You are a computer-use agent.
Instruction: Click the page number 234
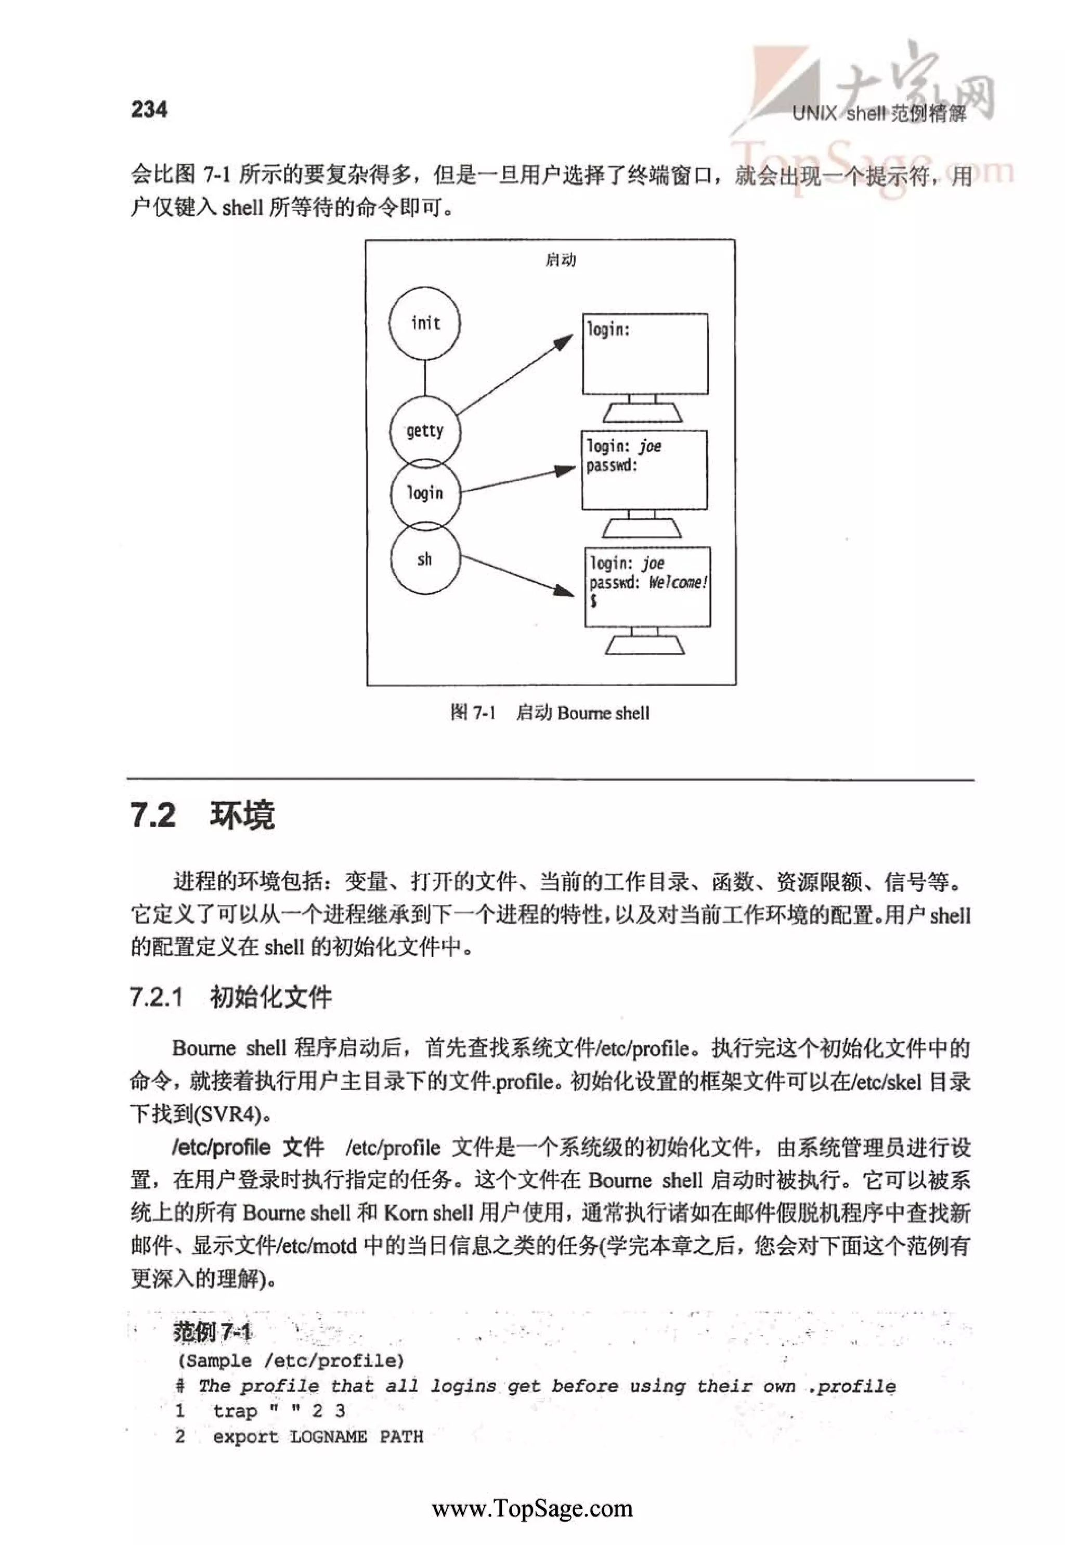pos(149,109)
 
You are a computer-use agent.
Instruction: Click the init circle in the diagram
pos(425,323)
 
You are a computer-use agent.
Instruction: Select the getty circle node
pos(425,431)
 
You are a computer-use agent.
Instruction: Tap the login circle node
pos(425,493)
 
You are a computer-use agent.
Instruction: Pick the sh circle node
pos(425,559)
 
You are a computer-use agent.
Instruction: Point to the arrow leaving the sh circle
pos(517,574)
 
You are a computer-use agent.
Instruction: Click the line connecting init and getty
pos(425,377)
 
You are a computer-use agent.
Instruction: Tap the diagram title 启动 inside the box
pos(561,260)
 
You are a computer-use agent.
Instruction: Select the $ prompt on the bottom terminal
pos(593,601)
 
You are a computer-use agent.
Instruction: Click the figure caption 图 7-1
pos(473,713)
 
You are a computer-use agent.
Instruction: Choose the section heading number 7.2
pos(153,815)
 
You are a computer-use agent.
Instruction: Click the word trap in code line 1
pos(235,1411)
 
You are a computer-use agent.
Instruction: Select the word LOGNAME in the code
pos(328,1436)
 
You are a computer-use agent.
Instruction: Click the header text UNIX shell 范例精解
pos(879,113)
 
